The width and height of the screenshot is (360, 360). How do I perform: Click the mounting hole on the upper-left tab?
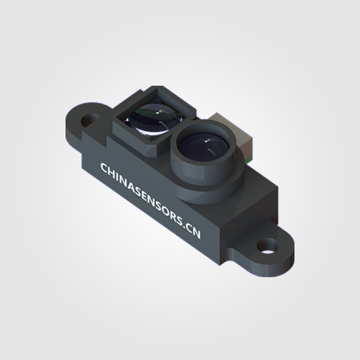(x=91, y=120)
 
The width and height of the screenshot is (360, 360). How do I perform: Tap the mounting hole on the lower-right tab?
(x=268, y=247)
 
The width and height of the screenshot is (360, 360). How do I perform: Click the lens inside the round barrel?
(x=204, y=148)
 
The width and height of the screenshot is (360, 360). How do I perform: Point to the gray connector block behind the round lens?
(x=232, y=131)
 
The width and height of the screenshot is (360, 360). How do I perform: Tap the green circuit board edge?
(x=249, y=159)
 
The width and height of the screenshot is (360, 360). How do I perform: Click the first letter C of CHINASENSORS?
(x=104, y=168)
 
